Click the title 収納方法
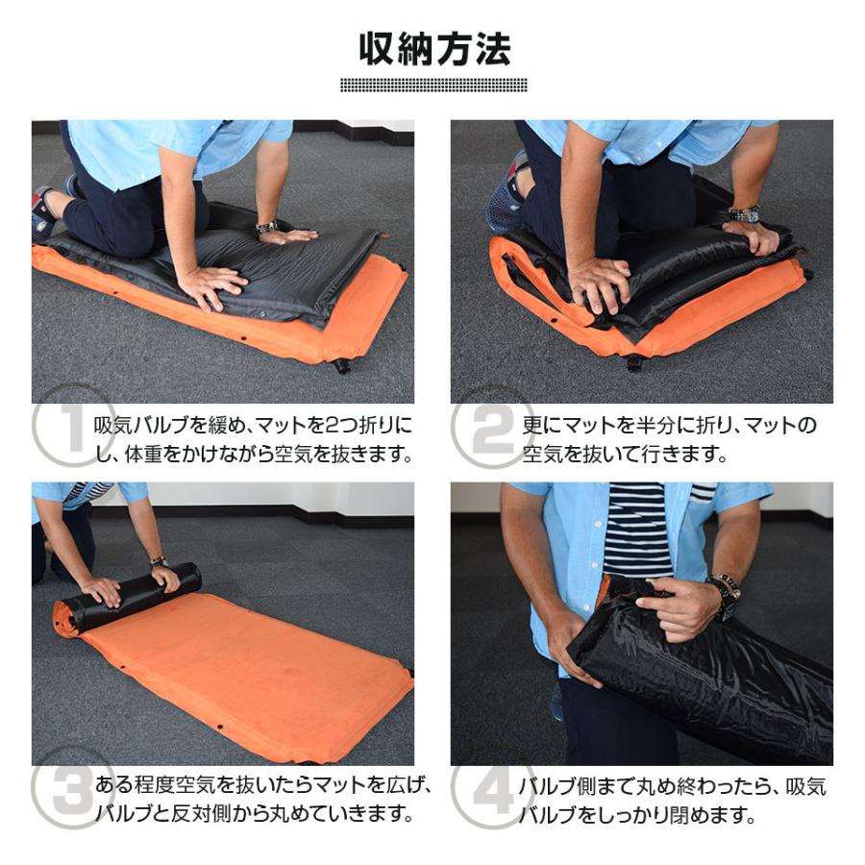(434, 48)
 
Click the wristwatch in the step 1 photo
(266, 228)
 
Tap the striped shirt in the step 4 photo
(638, 529)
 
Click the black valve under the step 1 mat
(341, 365)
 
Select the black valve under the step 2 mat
(633, 362)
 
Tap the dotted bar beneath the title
(434, 86)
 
